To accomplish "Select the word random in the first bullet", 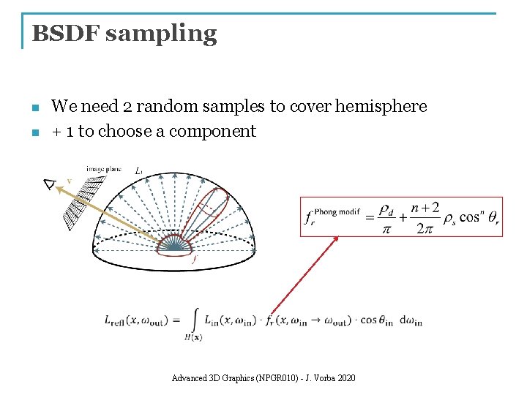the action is click(x=168, y=107).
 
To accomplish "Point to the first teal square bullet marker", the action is click(x=35, y=108).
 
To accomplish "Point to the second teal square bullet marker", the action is click(x=35, y=133).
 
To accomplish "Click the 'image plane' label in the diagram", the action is click(x=104, y=170).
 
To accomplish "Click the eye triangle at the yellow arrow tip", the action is click(x=50, y=184).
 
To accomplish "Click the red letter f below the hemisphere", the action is click(x=193, y=259).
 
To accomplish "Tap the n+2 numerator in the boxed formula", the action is click(x=425, y=208).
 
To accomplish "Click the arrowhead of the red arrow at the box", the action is click(x=337, y=237).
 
